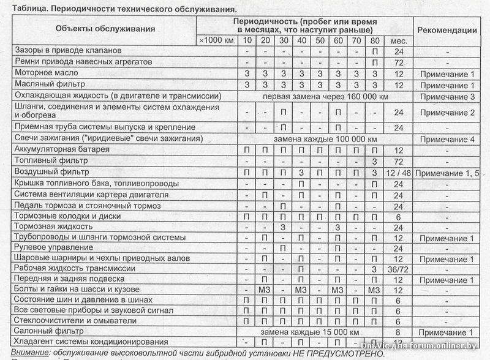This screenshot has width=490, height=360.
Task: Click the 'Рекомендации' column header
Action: click(447, 29)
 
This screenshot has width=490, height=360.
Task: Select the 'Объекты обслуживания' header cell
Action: click(105, 29)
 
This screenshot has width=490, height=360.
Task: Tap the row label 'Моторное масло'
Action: click(47, 73)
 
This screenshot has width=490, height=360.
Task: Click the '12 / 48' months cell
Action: click(398, 173)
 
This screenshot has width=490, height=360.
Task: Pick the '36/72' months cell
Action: click(398, 269)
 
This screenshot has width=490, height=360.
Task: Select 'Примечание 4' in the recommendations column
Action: click(447, 139)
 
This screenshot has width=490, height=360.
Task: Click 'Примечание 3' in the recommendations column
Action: click(447, 96)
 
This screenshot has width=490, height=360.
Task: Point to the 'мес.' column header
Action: click(397, 40)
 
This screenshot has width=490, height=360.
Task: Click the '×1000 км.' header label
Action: click(217, 40)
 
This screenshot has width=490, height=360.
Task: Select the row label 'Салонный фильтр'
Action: click(49, 331)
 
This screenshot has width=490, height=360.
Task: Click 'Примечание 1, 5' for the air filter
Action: click(447, 173)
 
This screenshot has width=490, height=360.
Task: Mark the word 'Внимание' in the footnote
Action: click(29, 353)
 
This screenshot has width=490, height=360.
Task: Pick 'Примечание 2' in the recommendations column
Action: click(447, 113)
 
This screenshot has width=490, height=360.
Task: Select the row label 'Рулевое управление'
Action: click(54, 248)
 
